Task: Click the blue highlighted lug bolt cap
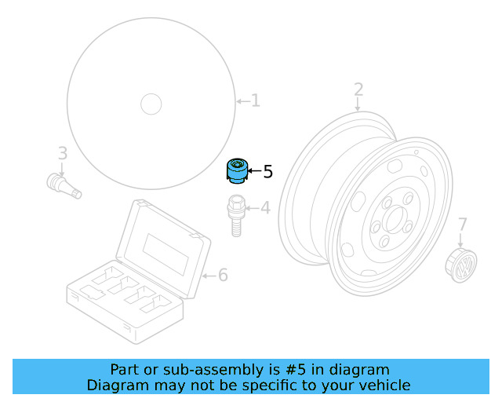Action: pyautogui.click(x=237, y=171)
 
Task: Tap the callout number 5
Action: pyautogui.click(x=268, y=171)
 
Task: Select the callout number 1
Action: pyautogui.click(x=255, y=100)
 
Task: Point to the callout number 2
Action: pyautogui.click(x=358, y=90)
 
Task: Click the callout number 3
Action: pyautogui.click(x=63, y=153)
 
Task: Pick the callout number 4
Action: pyautogui.click(x=265, y=208)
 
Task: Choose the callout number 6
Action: pyautogui.click(x=223, y=275)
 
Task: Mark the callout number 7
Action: pyautogui.click(x=463, y=225)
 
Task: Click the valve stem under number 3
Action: pyautogui.click(x=64, y=186)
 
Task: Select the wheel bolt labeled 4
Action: pyautogui.click(x=236, y=215)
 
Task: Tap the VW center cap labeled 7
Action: pyautogui.click(x=461, y=265)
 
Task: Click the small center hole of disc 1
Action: pyautogui.click(x=151, y=104)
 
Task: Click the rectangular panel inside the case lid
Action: pyautogui.click(x=166, y=254)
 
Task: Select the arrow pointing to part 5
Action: pyautogui.click(x=254, y=171)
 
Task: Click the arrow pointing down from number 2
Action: pyautogui.click(x=358, y=104)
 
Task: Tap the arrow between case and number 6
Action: pyautogui.click(x=209, y=276)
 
